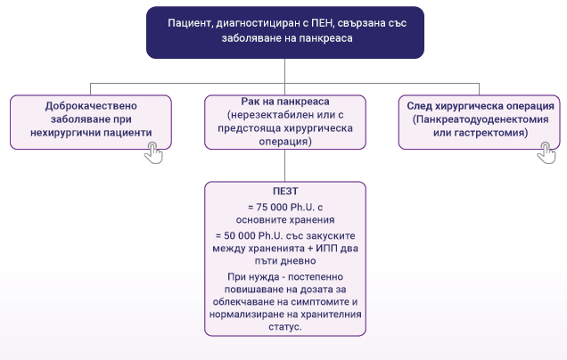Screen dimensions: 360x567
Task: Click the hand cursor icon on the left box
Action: (155, 152)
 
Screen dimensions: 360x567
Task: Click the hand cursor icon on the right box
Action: (546, 152)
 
